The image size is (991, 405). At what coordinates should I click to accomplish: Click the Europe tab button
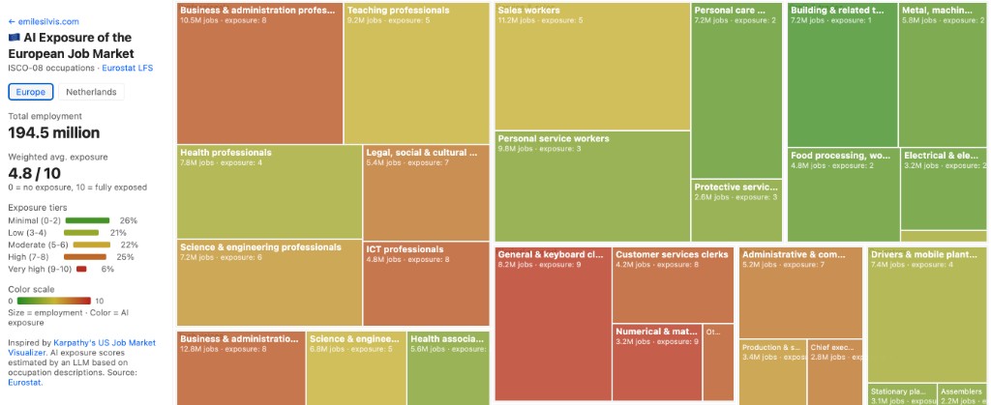pyautogui.click(x=31, y=92)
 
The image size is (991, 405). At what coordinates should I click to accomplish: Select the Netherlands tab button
pyautogui.click(x=92, y=92)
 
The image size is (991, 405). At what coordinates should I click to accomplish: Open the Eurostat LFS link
pyautogui.click(x=127, y=69)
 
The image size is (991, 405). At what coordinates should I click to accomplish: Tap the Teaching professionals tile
pyautogui.click(x=416, y=73)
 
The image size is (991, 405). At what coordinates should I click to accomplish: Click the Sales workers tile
pyautogui.click(x=592, y=66)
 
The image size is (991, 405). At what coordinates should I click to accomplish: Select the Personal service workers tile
pyautogui.click(x=592, y=186)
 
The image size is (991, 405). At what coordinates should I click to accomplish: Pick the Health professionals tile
pyautogui.click(x=269, y=191)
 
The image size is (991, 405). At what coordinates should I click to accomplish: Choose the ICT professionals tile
pyautogui.click(x=426, y=283)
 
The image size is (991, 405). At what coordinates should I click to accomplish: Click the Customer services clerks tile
pyautogui.click(x=673, y=285)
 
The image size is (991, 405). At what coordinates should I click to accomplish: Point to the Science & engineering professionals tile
pyautogui.click(x=269, y=283)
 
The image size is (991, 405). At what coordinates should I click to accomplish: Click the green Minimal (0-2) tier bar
pyautogui.click(x=87, y=220)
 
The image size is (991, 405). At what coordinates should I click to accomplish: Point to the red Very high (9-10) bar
pyautogui.click(x=81, y=269)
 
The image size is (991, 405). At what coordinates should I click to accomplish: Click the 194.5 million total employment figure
pyautogui.click(x=54, y=132)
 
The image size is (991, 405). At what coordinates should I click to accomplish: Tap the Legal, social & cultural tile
pyautogui.click(x=426, y=191)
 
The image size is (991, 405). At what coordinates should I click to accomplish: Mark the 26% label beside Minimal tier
pyautogui.click(x=128, y=220)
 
